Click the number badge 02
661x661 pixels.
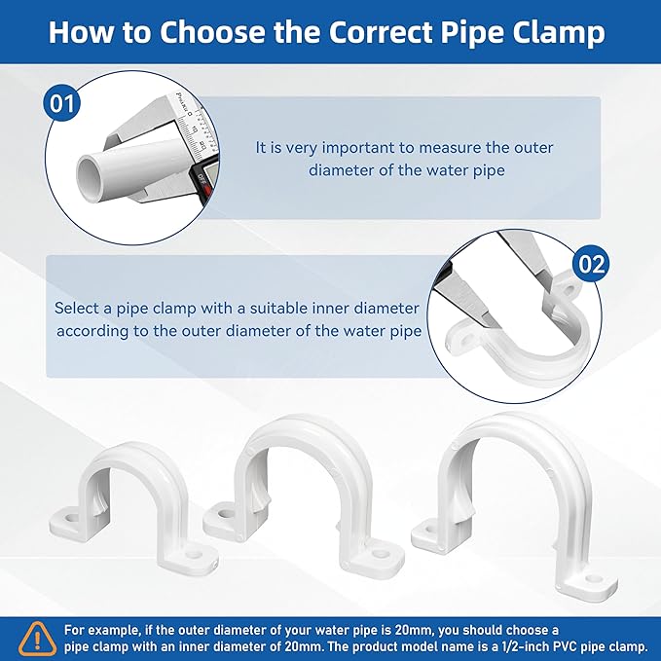pos(592,263)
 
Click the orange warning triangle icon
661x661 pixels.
pos(37,637)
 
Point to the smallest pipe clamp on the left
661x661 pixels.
pos(135,506)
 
